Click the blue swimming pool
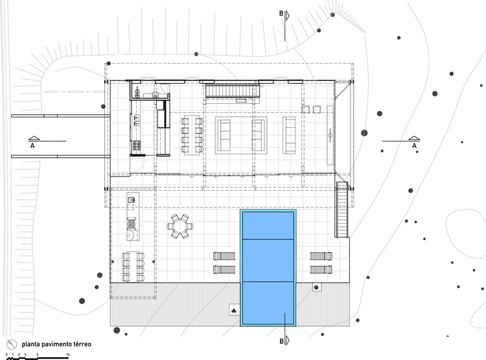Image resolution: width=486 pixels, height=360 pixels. [268, 268]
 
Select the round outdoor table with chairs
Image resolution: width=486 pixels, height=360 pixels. [179, 226]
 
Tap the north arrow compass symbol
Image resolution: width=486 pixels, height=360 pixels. [12, 344]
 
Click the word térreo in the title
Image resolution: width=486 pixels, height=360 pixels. [82, 344]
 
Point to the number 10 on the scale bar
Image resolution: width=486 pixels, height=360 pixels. [67, 354]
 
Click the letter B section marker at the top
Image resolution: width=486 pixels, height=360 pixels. [281, 14]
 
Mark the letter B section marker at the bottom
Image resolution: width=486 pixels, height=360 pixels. [281, 341]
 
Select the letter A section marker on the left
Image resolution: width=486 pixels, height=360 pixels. [32, 145]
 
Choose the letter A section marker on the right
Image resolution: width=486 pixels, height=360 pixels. [415, 145]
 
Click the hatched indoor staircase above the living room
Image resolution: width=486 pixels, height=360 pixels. [233, 91]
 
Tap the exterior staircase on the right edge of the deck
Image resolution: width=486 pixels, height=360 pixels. [341, 210]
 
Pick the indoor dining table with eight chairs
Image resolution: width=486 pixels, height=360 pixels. [192, 135]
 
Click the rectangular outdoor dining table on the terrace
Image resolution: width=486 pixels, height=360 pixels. [133, 267]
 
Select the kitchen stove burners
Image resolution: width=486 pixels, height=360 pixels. [137, 145]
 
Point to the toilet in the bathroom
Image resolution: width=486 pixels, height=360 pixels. [137, 91]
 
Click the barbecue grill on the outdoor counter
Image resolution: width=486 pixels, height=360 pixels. [132, 223]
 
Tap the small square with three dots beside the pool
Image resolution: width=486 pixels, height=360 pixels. [235, 309]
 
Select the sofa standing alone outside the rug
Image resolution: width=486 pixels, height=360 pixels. [289, 135]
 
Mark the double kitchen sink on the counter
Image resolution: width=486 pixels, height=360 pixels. [136, 120]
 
